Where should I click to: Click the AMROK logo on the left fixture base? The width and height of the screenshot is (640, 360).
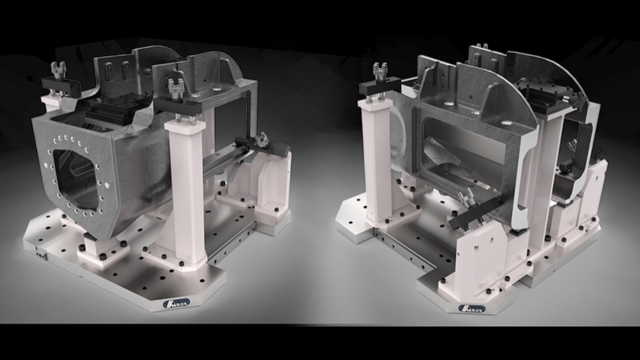tap(176, 303)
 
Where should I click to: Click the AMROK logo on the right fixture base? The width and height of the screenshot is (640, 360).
tap(471, 308)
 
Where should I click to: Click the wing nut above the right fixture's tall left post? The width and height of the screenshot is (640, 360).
tap(380, 70)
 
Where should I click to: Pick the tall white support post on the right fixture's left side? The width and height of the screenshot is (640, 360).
tap(377, 160)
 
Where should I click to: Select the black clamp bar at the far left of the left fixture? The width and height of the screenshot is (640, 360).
tap(61, 86)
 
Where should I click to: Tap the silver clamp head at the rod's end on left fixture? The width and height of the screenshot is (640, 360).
tap(261, 139)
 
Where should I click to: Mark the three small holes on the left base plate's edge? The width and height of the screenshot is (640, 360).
tap(40, 254)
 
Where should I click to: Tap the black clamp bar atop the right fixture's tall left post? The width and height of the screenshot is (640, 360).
tap(380, 86)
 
